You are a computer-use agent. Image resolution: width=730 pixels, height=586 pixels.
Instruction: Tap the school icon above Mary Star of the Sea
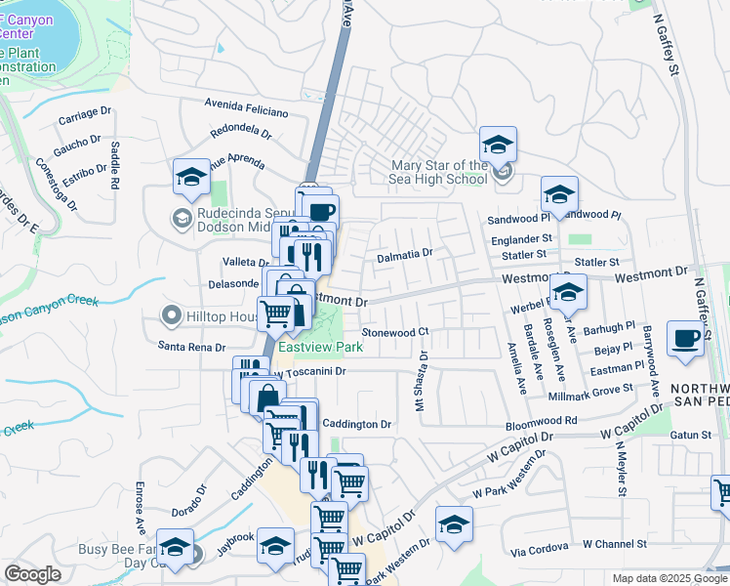[499, 146]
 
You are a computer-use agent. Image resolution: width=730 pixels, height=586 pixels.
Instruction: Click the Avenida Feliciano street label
[246, 106]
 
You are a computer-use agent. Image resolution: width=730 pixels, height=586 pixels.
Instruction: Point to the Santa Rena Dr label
[192, 347]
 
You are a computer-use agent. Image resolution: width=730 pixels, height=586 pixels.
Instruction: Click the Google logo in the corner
[32, 574]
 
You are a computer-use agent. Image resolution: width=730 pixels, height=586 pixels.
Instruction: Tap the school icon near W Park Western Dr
[454, 526]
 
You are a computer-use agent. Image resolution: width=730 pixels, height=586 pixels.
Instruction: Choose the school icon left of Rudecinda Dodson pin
[191, 177]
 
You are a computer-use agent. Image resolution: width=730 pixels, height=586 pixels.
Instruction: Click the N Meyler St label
[620, 468]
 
